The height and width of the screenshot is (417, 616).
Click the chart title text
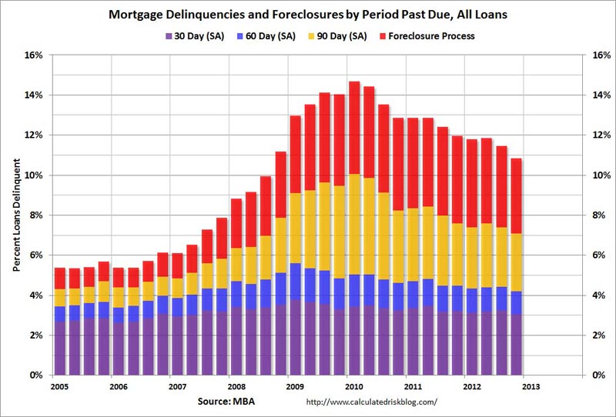point(307,13)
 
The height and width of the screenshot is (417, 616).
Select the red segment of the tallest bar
point(354,127)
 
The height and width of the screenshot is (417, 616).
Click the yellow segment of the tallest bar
point(354,223)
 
